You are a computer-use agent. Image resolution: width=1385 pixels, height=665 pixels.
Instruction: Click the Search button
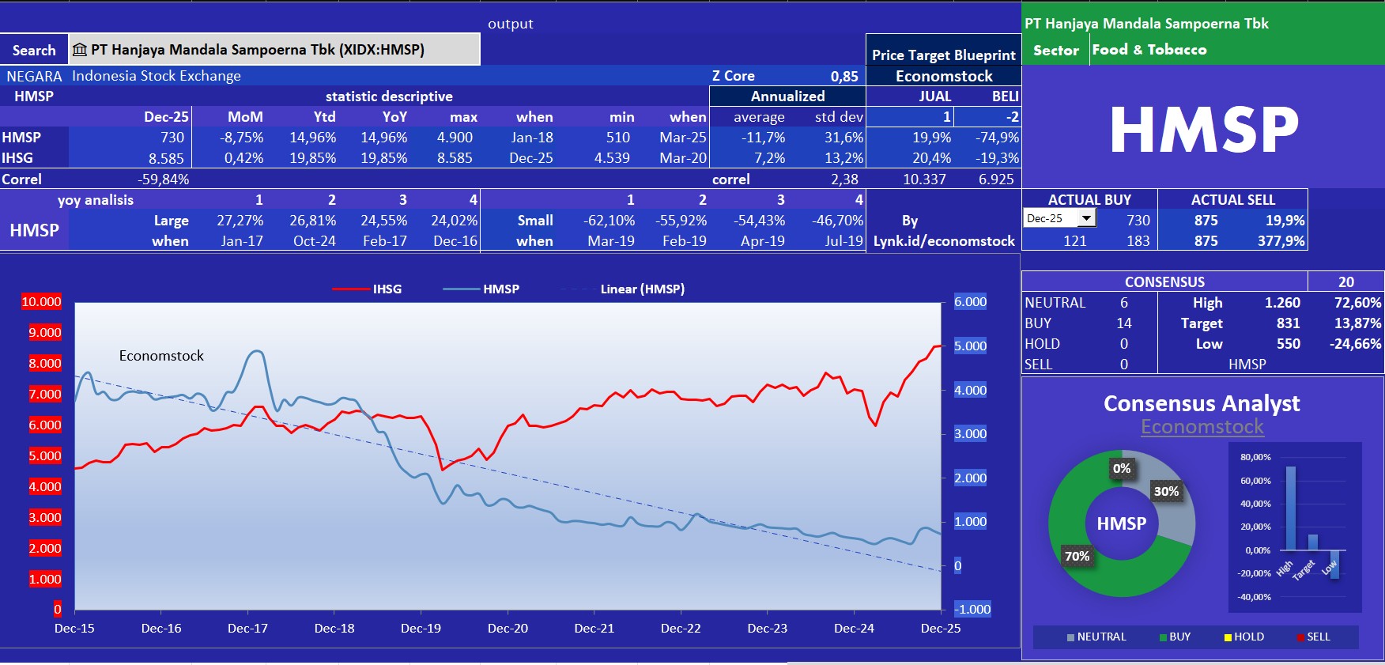pos(34,50)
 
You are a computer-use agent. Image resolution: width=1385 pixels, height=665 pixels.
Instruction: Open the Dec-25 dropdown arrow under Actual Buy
pos(1087,218)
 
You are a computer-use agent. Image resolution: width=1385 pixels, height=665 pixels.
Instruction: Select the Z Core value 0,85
pos(843,76)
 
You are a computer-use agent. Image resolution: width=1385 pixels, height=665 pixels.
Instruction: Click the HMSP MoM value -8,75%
pos(242,138)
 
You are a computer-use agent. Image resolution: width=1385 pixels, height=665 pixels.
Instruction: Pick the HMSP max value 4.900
pos(455,138)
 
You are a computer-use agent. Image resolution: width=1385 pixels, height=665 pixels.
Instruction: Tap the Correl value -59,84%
pos(163,179)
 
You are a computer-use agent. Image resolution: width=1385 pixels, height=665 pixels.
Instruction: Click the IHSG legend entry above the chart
pos(387,289)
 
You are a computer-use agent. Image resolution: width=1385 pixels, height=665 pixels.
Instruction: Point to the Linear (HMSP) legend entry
pos(642,289)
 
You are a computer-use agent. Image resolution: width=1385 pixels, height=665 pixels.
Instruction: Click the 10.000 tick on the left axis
pos(41,302)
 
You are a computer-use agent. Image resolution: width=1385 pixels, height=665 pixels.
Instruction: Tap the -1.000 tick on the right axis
pos(972,609)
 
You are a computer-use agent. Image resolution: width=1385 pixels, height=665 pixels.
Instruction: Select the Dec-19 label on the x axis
pos(421,629)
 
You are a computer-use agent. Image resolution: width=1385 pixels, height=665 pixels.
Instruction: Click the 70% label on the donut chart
pos(1077,557)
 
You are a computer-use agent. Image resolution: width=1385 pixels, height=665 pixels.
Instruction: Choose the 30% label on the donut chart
pos(1166,492)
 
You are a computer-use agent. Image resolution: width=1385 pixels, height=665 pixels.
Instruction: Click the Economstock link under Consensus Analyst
pos(1202,427)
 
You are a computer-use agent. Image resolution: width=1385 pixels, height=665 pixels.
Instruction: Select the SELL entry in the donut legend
pos(1318,637)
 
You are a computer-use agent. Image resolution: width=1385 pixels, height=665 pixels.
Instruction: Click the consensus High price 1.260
pos(1281,303)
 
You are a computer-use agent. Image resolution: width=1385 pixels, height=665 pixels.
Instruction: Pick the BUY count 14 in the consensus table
pos(1123,323)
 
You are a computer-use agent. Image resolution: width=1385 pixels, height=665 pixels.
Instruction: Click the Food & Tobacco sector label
pos(1149,50)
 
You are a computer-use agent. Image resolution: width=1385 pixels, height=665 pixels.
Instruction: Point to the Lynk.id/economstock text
pos(944,241)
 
